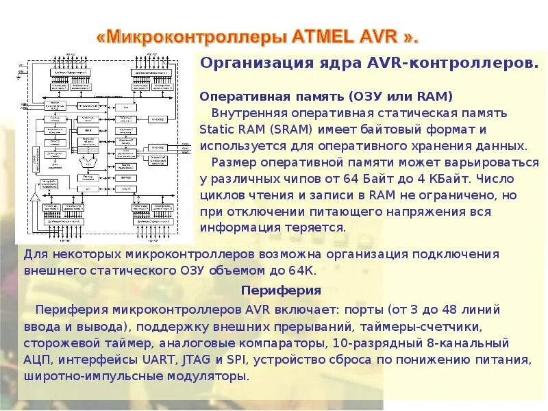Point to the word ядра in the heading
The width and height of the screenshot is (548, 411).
tap(329, 63)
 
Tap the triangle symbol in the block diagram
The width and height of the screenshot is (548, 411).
tap(34, 197)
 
